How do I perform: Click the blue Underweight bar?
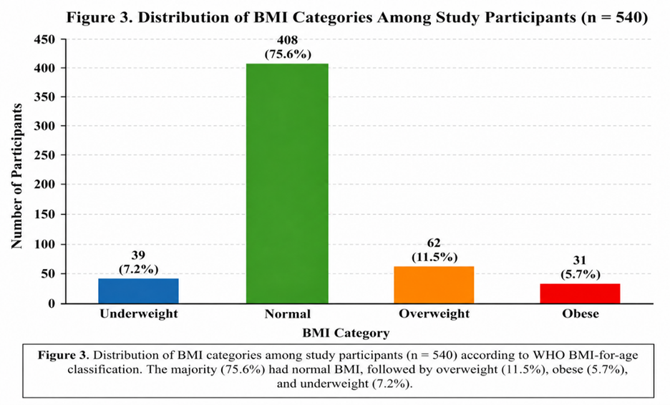(x=138, y=291)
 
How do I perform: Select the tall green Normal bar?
(x=287, y=184)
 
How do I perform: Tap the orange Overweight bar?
(x=434, y=285)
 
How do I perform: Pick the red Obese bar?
(x=580, y=293)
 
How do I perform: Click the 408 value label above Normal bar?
(x=288, y=40)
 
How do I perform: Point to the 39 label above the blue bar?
(x=138, y=255)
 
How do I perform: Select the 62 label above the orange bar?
(x=434, y=243)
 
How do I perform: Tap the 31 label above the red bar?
(x=580, y=260)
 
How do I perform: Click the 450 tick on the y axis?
(x=44, y=39)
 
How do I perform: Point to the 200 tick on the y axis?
(x=44, y=185)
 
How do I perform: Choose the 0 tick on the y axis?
(x=52, y=303)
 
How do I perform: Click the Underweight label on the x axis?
(x=139, y=313)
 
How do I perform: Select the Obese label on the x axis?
(x=581, y=313)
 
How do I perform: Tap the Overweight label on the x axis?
(x=434, y=313)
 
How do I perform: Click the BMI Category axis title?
(x=346, y=333)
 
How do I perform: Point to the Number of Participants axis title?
(x=16, y=176)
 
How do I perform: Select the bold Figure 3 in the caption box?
(x=64, y=355)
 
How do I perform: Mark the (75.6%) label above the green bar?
(x=288, y=54)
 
